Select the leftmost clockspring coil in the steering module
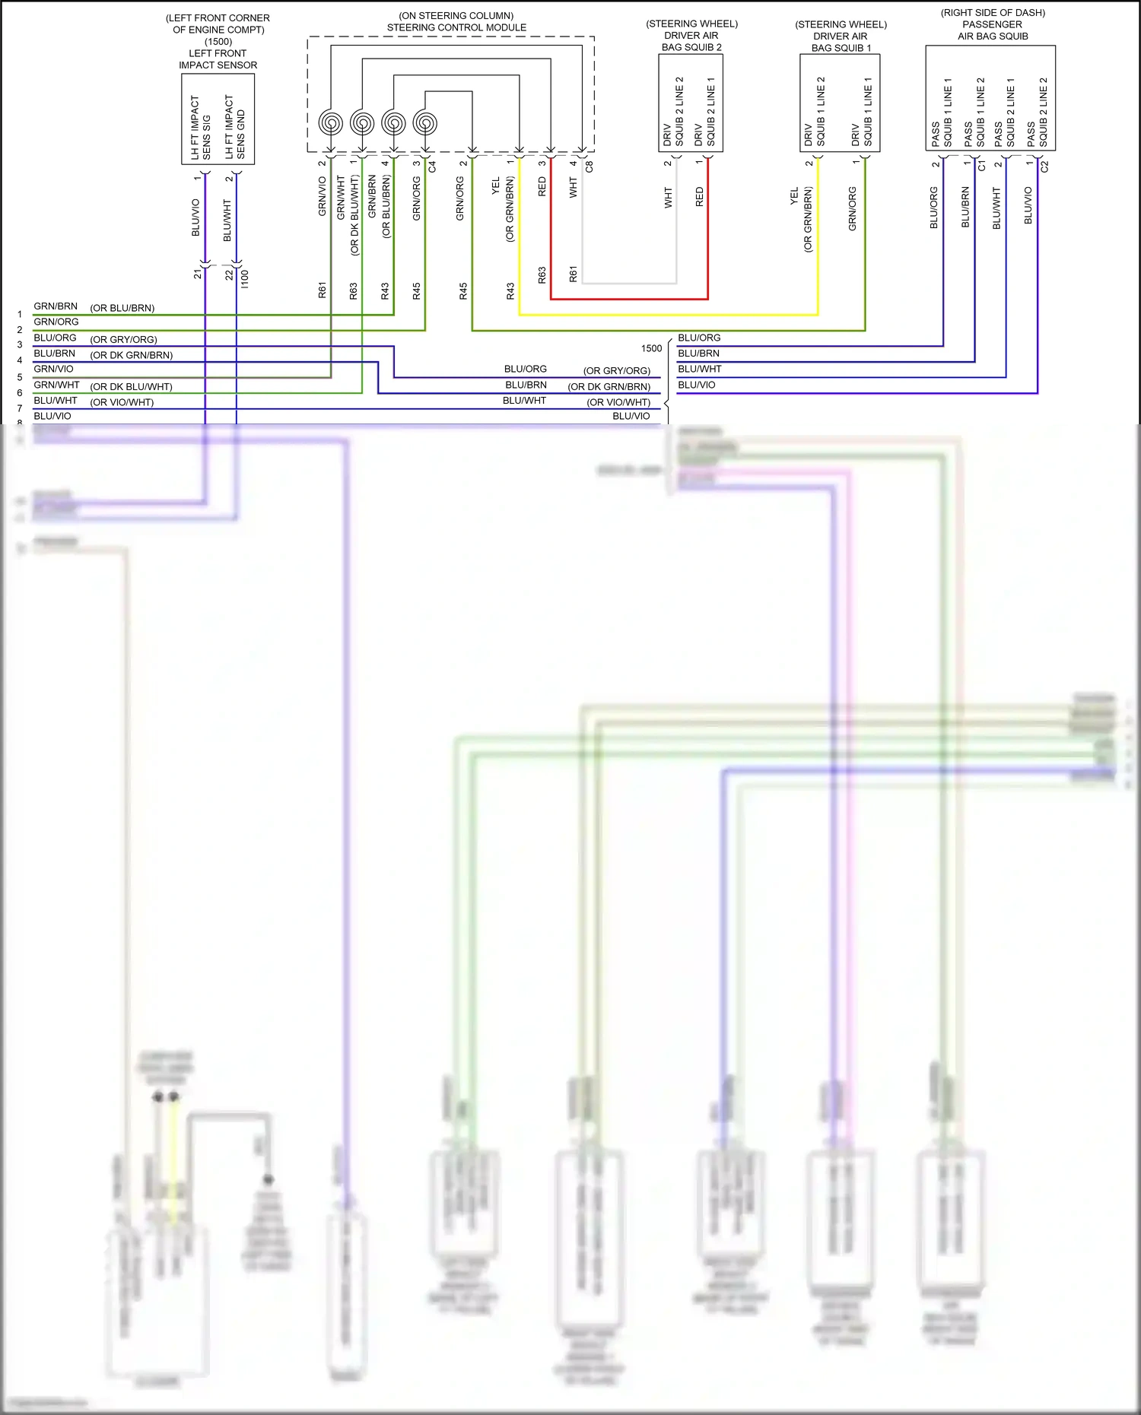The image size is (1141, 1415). pyautogui.click(x=331, y=122)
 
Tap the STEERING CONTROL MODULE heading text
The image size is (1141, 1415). pyautogui.click(x=456, y=27)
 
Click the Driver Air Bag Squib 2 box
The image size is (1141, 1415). pyautogui.click(x=691, y=103)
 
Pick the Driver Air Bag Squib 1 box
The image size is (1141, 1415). pyautogui.click(x=840, y=103)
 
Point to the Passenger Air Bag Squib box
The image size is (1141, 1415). pyautogui.click(x=990, y=99)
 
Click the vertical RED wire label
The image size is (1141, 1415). pyautogui.click(x=542, y=187)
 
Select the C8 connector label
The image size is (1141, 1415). pyautogui.click(x=590, y=166)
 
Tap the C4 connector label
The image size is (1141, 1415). pyautogui.click(x=432, y=166)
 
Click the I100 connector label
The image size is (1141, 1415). pyautogui.click(x=245, y=278)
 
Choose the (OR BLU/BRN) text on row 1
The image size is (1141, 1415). pyautogui.click(x=122, y=308)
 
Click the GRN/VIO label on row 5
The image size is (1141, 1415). pyautogui.click(x=53, y=369)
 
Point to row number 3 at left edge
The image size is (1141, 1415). pyautogui.click(x=20, y=344)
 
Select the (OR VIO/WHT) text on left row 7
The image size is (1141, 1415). pyautogui.click(x=122, y=402)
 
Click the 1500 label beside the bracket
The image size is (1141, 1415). pyautogui.click(x=651, y=348)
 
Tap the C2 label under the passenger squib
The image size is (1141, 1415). pyautogui.click(x=1044, y=166)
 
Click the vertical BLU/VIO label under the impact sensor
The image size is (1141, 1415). pyautogui.click(x=195, y=217)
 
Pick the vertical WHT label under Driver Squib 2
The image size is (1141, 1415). pyautogui.click(x=669, y=198)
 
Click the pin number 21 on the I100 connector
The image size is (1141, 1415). pyautogui.click(x=198, y=274)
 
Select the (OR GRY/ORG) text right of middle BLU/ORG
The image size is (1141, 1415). pyautogui.click(x=616, y=371)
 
